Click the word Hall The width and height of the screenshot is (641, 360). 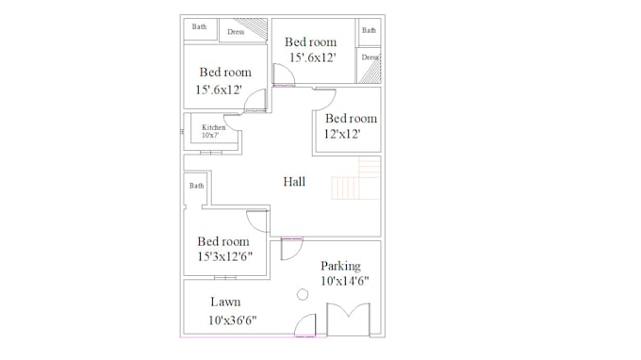coord(294,182)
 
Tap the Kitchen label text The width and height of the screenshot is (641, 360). coord(214,127)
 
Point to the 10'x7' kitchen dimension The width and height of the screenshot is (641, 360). coord(210,136)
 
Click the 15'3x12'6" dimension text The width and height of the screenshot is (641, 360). coord(224,256)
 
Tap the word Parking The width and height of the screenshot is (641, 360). coord(340,266)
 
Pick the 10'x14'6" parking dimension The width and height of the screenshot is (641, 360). coord(344,281)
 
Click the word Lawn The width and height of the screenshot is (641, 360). coord(225,303)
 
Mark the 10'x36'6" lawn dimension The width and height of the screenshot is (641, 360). coord(232,319)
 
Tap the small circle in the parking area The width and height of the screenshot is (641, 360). coord(303,295)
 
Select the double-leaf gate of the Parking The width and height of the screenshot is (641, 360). coord(348,319)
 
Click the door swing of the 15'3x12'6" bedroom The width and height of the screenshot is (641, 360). coord(257,221)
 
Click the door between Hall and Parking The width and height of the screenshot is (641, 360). coord(290,248)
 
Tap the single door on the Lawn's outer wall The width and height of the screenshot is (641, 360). coord(305,326)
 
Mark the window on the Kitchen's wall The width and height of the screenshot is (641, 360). coord(211,152)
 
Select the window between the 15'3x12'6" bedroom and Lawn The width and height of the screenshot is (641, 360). coord(224,277)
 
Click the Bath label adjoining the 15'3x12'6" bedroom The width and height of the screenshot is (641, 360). coord(197,186)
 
